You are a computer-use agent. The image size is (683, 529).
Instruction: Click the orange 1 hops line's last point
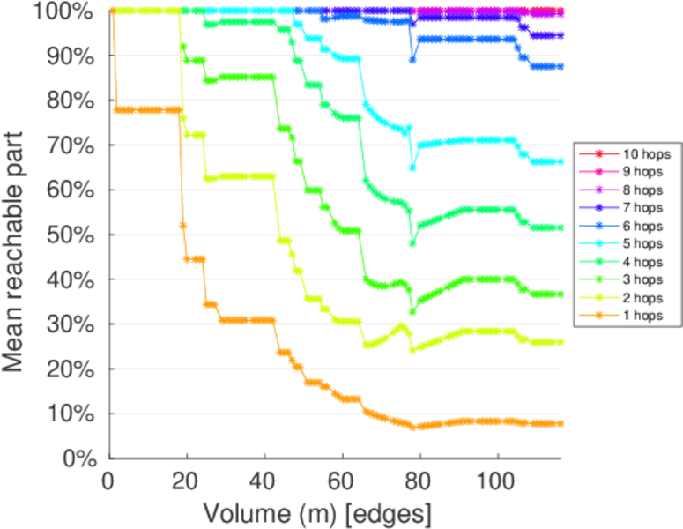click(x=561, y=423)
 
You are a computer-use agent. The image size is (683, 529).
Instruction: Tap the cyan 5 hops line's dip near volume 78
click(x=412, y=167)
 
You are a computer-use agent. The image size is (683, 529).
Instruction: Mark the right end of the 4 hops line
click(x=561, y=227)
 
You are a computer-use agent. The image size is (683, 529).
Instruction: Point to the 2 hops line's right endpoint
click(x=561, y=342)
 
